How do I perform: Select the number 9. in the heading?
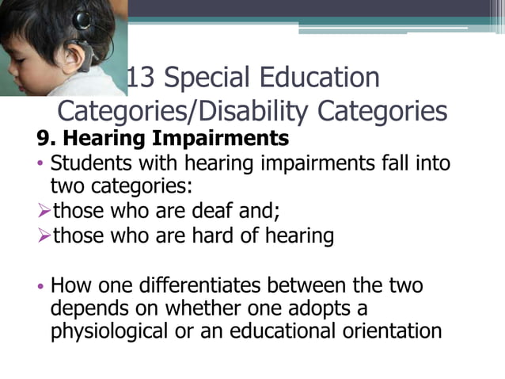tap(44, 139)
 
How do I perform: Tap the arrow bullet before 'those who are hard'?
tap(43, 236)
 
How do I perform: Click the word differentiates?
tap(226, 284)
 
